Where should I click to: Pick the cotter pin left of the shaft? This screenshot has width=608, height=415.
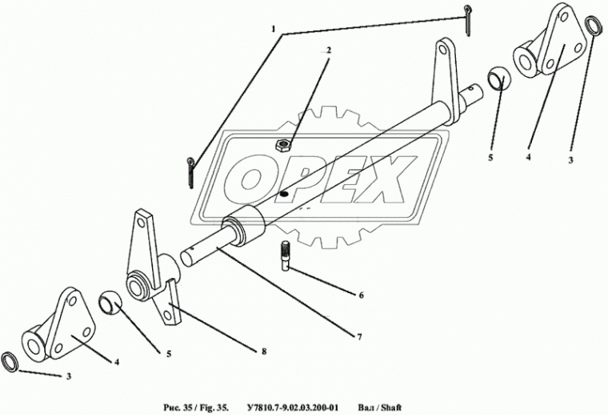[x=190, y=172]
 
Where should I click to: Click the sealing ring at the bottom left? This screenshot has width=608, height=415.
[x=10, y=362]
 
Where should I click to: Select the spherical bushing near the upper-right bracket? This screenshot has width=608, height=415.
[x=499, y=79]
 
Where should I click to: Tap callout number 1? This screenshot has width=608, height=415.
[x=274, y=29]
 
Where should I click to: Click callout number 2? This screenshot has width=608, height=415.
[x=329, y=50]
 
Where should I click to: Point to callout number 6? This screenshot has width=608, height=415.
[x=362, y=296]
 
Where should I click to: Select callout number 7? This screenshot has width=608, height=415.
[x=359, y=337]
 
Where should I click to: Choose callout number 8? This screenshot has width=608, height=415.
[x=264, y=352]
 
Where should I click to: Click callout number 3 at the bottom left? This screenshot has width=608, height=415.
[x=69, y=377]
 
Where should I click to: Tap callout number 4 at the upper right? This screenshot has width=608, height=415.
[x=529, y=157]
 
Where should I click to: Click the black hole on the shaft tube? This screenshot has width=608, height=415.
[x=284, y=193]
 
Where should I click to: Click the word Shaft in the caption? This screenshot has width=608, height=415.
[x=391, y=408]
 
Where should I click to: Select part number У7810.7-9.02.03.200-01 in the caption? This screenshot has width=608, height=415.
[x=293, y=408]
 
